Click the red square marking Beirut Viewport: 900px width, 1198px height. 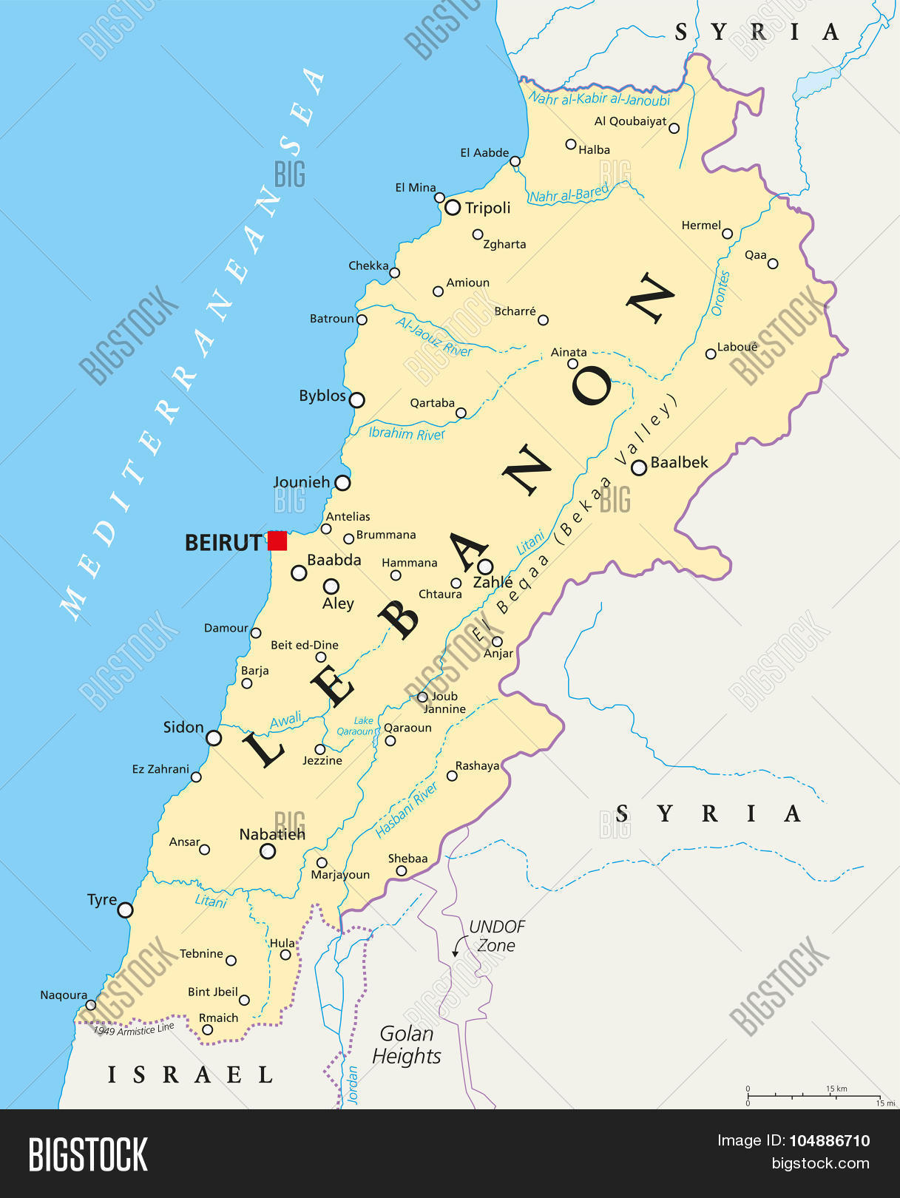277,541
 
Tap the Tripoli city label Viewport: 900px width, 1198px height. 487,208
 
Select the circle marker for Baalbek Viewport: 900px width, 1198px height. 639,467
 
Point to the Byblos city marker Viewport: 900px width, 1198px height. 356,400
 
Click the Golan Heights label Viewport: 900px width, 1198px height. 406,1045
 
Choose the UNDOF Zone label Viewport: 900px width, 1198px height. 496,936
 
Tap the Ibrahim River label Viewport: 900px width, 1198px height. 406,433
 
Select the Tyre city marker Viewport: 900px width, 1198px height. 126,910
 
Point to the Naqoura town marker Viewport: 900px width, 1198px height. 91,1005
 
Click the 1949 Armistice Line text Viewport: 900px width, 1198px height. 133,1029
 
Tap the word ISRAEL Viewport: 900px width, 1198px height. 191,1075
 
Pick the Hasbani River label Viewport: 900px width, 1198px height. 407,810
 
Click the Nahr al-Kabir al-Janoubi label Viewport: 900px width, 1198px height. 600,99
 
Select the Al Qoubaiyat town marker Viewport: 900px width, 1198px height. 674,128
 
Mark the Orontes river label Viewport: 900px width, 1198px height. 720,294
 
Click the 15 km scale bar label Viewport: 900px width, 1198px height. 836,1089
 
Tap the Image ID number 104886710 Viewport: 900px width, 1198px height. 829,1140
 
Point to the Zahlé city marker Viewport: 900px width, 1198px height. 485,566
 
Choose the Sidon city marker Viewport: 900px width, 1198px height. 214,737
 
